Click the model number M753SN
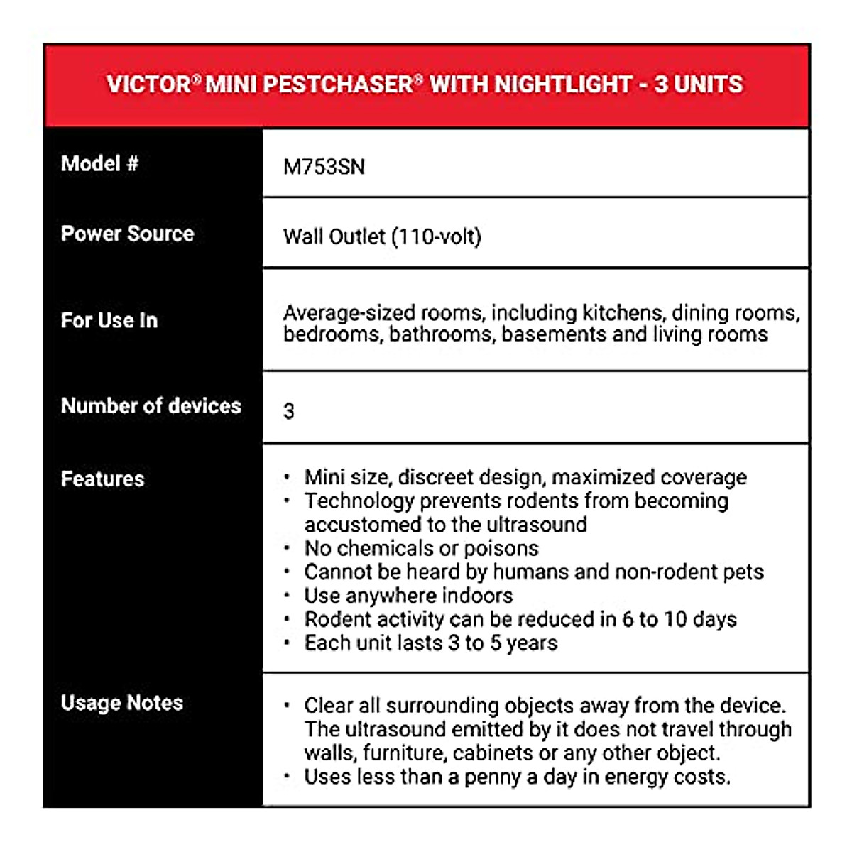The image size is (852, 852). point(324,167)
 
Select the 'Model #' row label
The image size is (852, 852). point(99,164)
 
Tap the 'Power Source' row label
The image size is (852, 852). point(127,234)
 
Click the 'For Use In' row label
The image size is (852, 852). point(109,320)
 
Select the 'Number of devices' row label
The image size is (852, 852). point(151,406)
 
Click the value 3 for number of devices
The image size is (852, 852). point(289,411)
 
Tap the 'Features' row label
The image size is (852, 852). point(102,479)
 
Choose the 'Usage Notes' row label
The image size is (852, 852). point(121,703)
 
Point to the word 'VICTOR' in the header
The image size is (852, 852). point(148,84)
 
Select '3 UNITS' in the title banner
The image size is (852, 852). point(699,84)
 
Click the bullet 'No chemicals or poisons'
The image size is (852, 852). point(421,548)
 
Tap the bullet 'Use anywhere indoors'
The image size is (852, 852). point(408,596)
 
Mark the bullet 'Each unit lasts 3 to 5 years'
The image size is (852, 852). point(431,643)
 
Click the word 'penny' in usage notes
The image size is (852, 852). point(492,777)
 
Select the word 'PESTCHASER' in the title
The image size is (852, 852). point(338,84)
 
